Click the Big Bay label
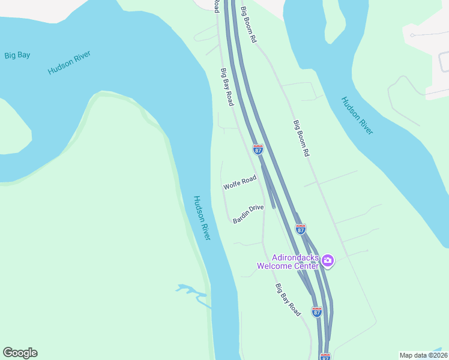pos(17,55)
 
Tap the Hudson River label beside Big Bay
pos(69,63)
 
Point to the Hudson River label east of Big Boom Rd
pos(357,115)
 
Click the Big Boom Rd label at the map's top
pos(249,25)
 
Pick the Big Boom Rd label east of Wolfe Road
pos(301,139)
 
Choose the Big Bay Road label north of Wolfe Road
pos(227,87)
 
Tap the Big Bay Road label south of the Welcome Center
pos(288,300)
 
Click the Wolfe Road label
pos(240,182)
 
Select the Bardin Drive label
pos(249,214)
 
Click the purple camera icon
pos(328,260)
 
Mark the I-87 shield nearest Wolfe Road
pos(258,149)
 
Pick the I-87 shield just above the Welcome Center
pos(301,229)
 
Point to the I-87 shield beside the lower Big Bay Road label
pos(317,311)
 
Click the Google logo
pos(20,353)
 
